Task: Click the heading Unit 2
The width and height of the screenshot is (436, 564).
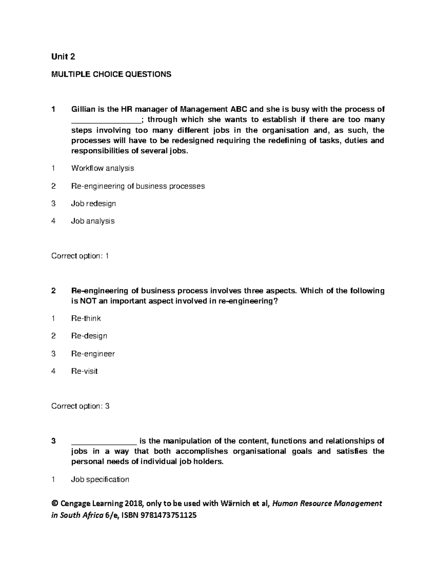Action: click(x=63, y=57)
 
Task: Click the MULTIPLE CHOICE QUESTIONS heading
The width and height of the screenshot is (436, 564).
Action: click(x=111, y=74)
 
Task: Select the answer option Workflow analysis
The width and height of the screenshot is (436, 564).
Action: click(x=102, y=168)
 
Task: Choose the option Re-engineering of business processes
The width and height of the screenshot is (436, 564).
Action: click(x=138, y=186)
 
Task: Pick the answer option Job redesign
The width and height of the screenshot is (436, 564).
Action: click(x=93, y=203)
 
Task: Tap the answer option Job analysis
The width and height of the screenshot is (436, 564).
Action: click(x=93, y=221)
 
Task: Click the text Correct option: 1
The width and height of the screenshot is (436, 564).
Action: click(x=80, y=256)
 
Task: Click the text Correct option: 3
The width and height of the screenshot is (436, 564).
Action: click(x=80, y=406)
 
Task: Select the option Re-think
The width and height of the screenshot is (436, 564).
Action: click(x=86, y=318)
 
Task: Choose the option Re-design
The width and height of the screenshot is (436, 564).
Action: click(x=89, y=336)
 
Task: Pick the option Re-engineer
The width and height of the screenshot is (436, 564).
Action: click(x=93, y=353)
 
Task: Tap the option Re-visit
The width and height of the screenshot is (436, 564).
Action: click(x=84, y=371)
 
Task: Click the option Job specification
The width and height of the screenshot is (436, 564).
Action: click(x=100, y=479)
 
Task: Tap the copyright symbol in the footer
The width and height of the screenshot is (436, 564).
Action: click(x=55, y=503)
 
